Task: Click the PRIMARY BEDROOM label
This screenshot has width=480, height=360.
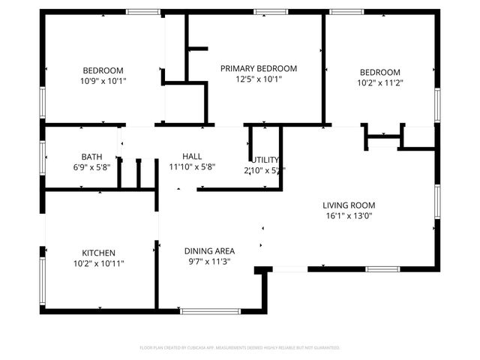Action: [259, 68]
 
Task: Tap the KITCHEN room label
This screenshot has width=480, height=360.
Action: [98, 253]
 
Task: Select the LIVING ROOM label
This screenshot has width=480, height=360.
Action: [349, 205]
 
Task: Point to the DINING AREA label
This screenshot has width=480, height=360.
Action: [210, 250]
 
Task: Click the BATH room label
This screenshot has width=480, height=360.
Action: [91, 156]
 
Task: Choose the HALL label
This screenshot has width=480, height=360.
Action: [192, 156]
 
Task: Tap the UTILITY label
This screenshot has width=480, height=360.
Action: [265, 160]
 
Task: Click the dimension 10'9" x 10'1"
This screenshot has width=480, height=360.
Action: [103, 81]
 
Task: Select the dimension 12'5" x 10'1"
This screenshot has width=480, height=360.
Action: [259, 79]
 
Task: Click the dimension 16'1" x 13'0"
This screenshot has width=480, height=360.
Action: [349, 216]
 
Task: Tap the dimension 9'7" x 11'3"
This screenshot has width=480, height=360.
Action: [210, 262]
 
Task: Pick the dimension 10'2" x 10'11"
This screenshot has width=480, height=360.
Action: [98, 264]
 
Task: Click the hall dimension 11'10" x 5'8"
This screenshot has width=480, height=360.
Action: [192, 167]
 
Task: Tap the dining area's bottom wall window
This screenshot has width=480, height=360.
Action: [206, 310]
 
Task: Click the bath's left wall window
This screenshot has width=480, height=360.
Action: [43, 157]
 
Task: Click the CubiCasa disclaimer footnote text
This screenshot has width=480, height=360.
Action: [240, 348]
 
